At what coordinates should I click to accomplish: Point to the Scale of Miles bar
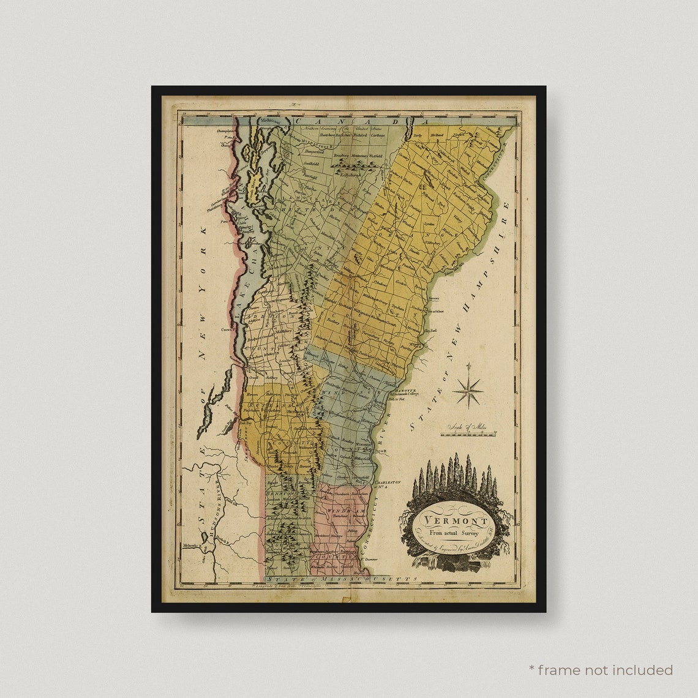click(468, 434)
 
